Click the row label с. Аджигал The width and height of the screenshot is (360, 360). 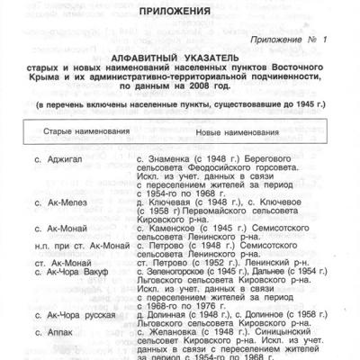point(56,157)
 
